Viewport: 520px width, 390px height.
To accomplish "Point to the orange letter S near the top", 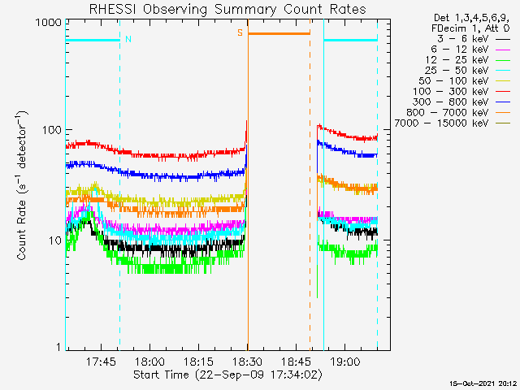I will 240,32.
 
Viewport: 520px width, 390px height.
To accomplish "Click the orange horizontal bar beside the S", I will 279,33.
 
